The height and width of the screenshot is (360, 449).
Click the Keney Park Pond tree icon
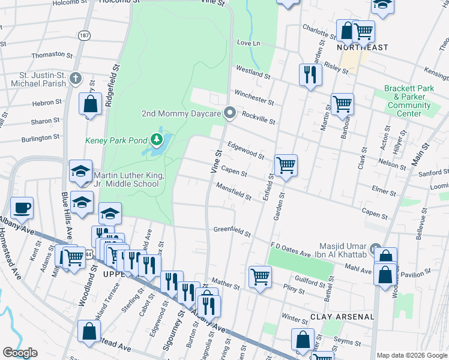tap(157, 140)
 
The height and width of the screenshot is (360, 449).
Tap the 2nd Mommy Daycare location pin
tap(229, 113)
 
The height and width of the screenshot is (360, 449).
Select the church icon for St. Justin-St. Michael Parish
tap(76, 78)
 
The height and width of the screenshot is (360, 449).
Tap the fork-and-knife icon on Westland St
tap(310, 75)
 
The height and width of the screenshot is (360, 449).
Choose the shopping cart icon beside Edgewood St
tap(286, 164)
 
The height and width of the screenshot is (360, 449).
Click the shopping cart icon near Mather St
tap(260, 277)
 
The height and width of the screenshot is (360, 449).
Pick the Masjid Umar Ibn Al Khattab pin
tap(376, 248)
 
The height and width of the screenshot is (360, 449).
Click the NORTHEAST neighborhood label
tap(363, 47)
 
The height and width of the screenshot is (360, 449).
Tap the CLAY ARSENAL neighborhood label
tap(342, 316)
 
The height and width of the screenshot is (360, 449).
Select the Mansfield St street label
tap(234, 192)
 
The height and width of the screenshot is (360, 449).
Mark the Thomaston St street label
tap(48, 55)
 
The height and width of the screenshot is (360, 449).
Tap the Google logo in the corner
tap(20, 353)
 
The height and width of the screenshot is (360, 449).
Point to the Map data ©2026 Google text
tap(412, 355)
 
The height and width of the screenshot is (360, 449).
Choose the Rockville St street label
tap(258, 117)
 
